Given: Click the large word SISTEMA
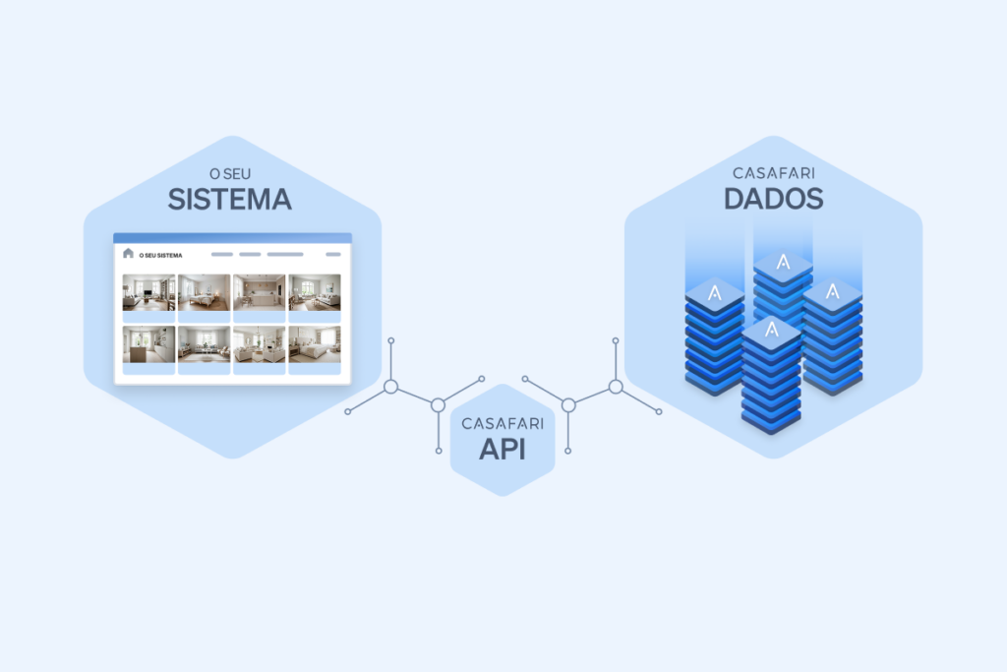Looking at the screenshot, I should click(x=229, y=200).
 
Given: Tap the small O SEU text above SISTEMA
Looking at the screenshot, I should click(x=230, y=174).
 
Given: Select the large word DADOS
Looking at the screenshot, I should click(x=774, y=199).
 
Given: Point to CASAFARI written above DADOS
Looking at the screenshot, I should click(x=774, y=173).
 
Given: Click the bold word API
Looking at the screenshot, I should click(x=503, y=449).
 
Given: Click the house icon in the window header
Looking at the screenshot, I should click(x=128, y=254).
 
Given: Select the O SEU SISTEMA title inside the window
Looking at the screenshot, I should click(x=161, y=255).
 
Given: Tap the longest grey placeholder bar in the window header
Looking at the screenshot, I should click(x=285, y=254).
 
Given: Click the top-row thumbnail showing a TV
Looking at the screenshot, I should click(x=148, y=292).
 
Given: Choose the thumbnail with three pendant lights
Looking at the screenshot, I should click(x=259, y=292).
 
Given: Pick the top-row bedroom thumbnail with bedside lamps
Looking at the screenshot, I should click(x=204, y=292).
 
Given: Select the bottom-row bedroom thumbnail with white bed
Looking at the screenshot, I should click(x=314, y=344).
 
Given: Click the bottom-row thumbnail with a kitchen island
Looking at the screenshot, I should click(x=148, y=344).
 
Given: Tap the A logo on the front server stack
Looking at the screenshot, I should click(x=771, y=329).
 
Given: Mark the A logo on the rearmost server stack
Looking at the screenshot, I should click(x=784, y=263).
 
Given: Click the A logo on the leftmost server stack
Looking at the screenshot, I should click(x=715, y=292).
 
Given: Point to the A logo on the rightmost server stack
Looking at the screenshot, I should click(x=833, y=291).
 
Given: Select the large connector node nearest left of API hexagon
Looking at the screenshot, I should click(x=439, y=404).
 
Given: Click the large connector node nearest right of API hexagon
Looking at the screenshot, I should click(x=567, y=404).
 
